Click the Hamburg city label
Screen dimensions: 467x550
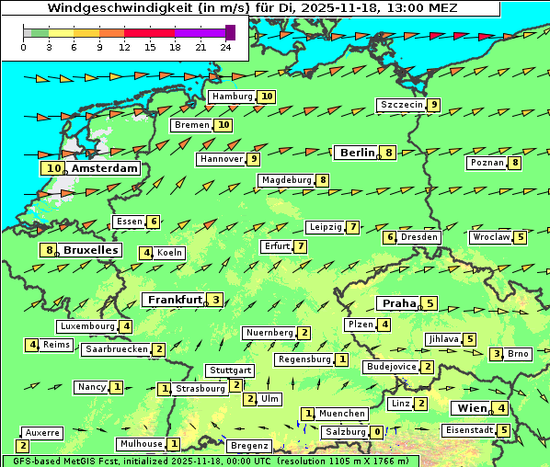[x=232, y=97]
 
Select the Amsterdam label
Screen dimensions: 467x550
[x=104, y=168]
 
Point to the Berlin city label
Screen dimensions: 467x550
[x=356, y=153]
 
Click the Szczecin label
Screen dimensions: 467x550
[x=402, y=105]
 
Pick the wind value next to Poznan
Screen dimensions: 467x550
[x=515, y=164]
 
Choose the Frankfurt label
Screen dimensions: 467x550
[x=175, y=300]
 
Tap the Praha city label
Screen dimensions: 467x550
[x=399, y=303]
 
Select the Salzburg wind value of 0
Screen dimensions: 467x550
[x=377, y=432]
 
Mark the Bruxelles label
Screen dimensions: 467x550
[x=90, y=250]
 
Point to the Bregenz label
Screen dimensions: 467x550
[x=248, y=446]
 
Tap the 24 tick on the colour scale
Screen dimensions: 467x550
[x=224, y=47]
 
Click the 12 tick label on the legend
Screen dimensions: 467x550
[x=124, y=47]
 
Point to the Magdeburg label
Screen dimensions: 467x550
[x=286, y=180]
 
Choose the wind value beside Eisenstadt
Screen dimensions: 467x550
[x=503, y=429]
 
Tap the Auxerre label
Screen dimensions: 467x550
[x=42, y=432]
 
